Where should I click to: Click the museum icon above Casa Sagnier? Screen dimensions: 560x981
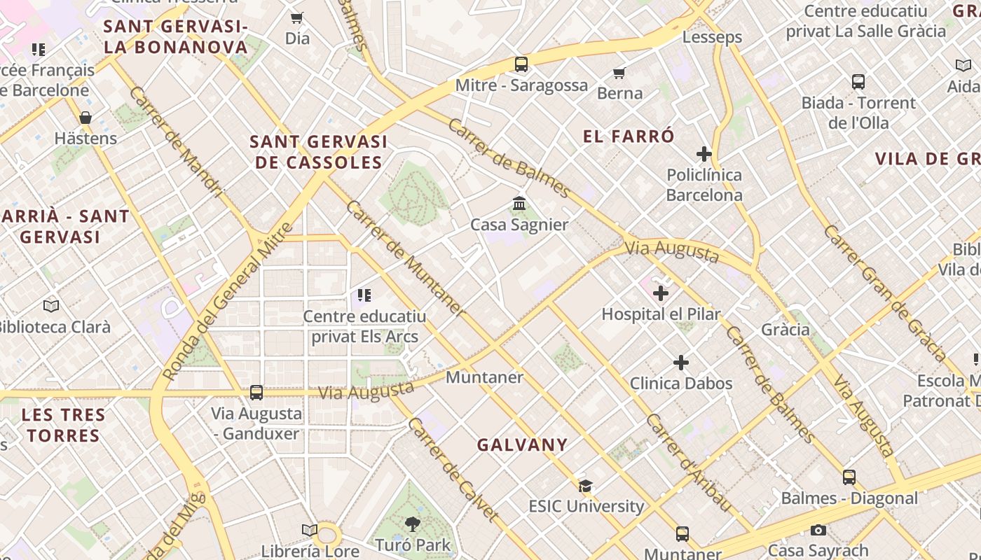point(519,204)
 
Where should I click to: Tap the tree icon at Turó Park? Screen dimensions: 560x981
point(412,524)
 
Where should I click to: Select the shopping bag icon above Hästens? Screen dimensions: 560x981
point(85,118)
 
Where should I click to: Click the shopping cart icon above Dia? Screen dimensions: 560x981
point(297,17)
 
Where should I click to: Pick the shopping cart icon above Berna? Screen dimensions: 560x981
point(619,73)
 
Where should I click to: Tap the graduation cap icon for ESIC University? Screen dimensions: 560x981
point(586,486)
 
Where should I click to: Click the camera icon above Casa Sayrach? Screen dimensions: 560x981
point(818,531)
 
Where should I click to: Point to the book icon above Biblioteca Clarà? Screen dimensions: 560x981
point(51,306)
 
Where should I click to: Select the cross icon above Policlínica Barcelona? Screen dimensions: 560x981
point(704,154)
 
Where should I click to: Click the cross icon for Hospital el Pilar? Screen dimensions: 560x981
point(660,293)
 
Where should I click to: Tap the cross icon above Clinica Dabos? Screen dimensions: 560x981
point(680,363)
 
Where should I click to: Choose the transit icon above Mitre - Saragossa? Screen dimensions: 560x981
point(521,64)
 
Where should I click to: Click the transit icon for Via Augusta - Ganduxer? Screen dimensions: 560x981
point(256,393)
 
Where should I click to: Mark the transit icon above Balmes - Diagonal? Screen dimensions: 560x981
point(849,477)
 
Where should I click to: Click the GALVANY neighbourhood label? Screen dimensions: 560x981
point(522,444)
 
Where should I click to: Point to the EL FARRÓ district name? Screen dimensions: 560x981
point(629,136)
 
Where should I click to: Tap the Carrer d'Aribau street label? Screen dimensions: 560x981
point(689,463)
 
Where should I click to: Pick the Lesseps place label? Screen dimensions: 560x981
point(712,37)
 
